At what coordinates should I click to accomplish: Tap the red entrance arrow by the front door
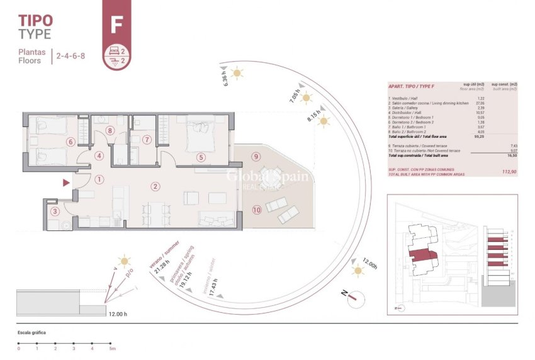click(66, 183)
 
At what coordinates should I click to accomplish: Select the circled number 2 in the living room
click(155, 186)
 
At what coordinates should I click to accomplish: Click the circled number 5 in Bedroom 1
click(201, 158)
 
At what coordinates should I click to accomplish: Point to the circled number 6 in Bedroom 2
click(70, 142)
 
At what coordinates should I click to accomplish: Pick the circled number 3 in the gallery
click(55, 211)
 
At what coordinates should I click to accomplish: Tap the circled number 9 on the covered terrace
click(256, 156)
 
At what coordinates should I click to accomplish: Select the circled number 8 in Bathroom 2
click(110, 131)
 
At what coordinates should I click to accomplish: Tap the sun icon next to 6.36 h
click(237, 73)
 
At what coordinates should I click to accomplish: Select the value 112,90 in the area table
click(508, 171)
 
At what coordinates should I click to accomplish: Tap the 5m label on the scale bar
click(112, 348)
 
